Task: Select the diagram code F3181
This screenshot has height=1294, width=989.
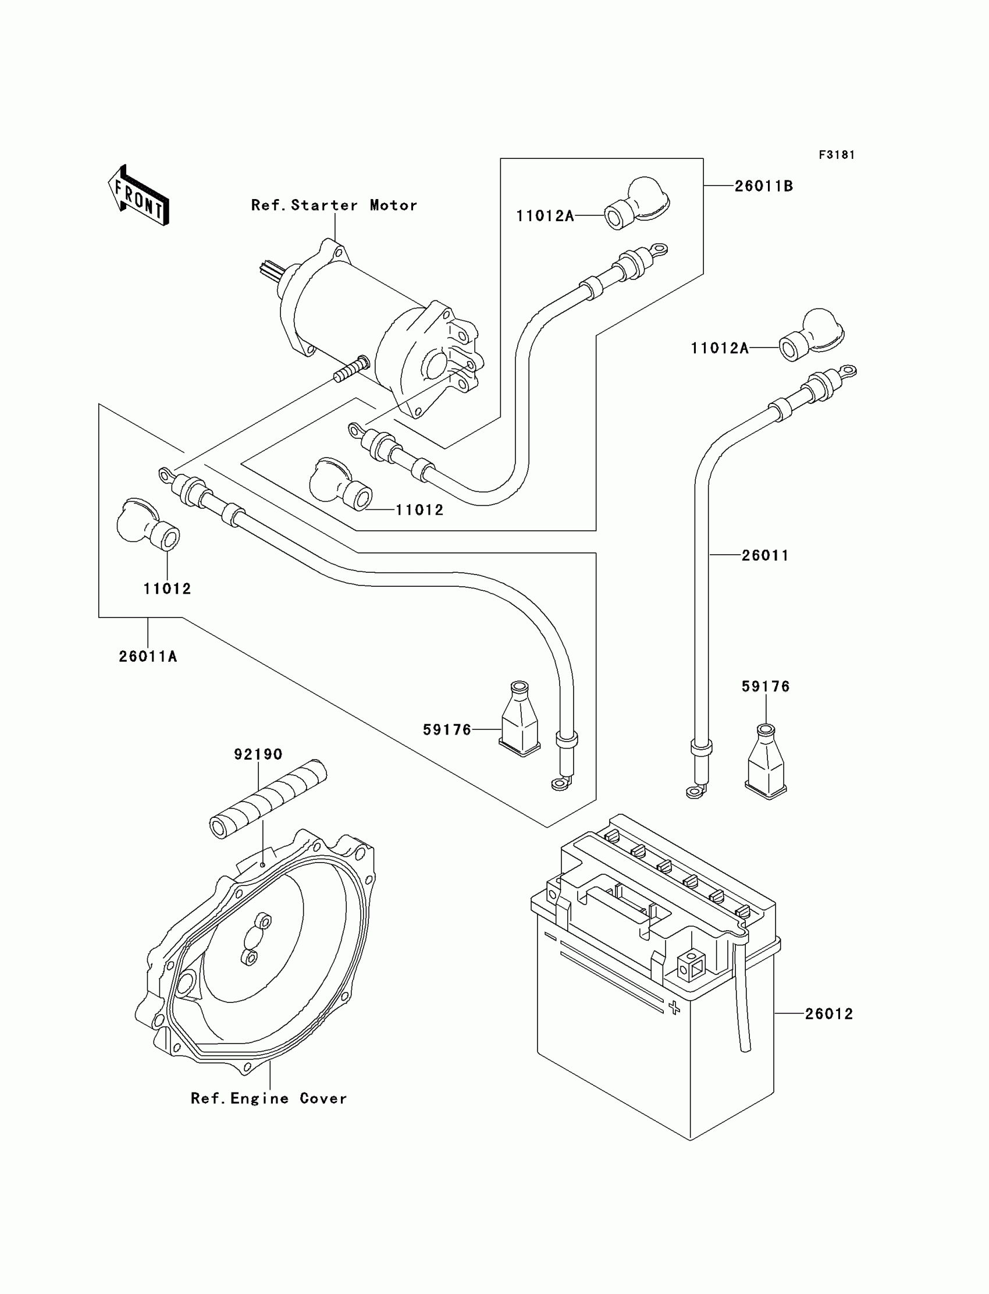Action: tap(837, 155)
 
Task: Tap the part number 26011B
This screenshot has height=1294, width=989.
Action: tap(763, 186)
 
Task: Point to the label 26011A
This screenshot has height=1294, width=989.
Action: tap(148, 656)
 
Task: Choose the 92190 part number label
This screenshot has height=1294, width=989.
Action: tap(258, 754)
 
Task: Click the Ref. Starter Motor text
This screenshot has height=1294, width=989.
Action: tap(334, 205)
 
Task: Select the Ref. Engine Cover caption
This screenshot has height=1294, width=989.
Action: tap(268, 1098)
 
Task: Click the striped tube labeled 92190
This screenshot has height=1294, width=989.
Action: tap(268, 799)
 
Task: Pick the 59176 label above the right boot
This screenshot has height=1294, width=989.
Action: tap(765, 686)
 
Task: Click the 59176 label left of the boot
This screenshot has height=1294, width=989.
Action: tap(447, 730)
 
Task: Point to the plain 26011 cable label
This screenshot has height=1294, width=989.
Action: tap(764, 555)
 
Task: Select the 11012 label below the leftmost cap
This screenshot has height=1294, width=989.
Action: tap(167, 588)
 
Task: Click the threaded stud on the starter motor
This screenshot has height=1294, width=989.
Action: tap(351, 368)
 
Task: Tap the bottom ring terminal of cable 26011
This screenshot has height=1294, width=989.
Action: tap(695, 792)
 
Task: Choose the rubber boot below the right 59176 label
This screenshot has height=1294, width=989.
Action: tap(766, 761)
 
